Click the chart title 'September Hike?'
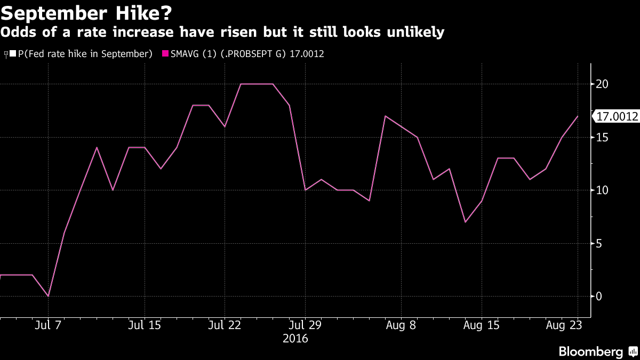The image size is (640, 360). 86,12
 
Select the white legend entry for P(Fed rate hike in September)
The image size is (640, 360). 81,54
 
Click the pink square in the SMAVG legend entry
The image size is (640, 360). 165,54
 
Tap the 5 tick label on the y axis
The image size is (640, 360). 600,244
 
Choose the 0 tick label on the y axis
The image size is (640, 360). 600,297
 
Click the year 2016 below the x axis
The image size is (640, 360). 295,338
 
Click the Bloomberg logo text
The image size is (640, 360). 591,351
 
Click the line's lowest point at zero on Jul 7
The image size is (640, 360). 49,296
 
